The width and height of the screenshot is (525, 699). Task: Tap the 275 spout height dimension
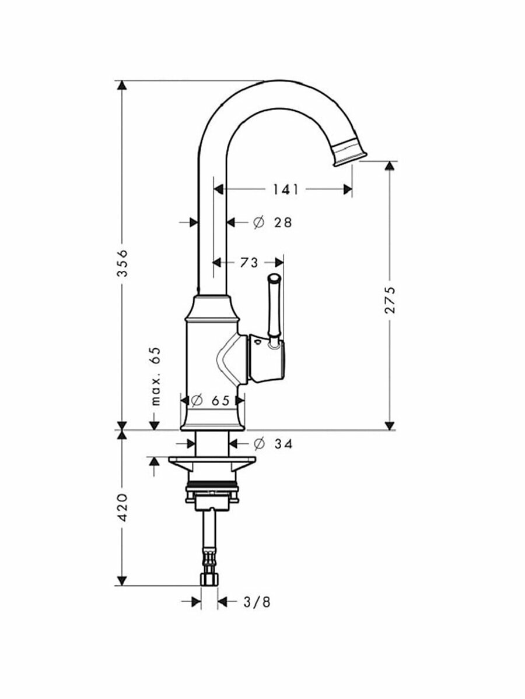click(390, 299)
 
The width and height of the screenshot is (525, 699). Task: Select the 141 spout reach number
click(285, 189)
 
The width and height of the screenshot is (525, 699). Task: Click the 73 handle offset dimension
click(249, 263)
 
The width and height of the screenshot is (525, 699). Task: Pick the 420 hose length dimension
click(121, 508)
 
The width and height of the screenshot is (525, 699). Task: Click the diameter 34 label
click(273, 444)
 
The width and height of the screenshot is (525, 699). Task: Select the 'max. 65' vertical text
click(155, 376)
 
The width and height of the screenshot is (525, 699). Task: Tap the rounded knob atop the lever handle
click(273, 280)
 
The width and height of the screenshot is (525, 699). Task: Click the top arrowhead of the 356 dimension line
click(121, 86)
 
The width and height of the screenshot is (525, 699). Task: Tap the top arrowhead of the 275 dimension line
click(390, 167)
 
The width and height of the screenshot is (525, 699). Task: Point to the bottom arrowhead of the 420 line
click(121, 580)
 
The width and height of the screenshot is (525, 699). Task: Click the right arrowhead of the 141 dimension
click(348, 189)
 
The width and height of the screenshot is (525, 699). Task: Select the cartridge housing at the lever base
click(268, 359)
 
